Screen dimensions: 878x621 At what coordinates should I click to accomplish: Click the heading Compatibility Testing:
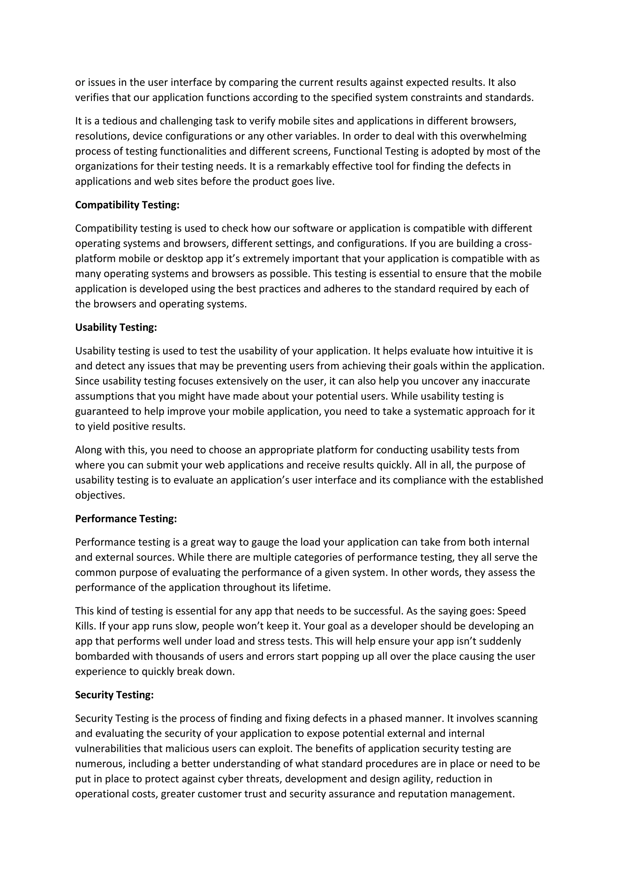click(x=127, y=205)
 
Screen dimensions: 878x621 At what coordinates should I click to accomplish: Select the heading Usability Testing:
click(x=116, y=327)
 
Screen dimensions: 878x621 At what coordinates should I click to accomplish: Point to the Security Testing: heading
click(x=114, y=695)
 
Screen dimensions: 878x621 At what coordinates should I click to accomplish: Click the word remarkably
click(x=301, y=166)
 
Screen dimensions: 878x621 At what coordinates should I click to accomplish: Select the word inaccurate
click(x=505, y=381)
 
